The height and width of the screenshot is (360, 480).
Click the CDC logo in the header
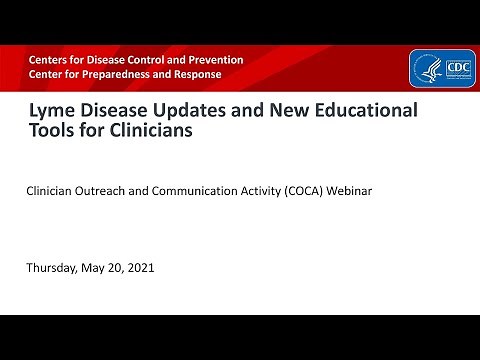[441, 67]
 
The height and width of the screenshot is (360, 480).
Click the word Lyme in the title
[50, 111]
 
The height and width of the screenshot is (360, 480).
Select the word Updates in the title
[197, 111]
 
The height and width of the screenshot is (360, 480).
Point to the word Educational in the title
[362, 111]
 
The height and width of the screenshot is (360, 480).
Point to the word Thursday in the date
[55, 269]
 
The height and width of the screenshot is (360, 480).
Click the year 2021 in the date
[140, 269]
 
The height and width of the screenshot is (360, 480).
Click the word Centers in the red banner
[49, 60]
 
